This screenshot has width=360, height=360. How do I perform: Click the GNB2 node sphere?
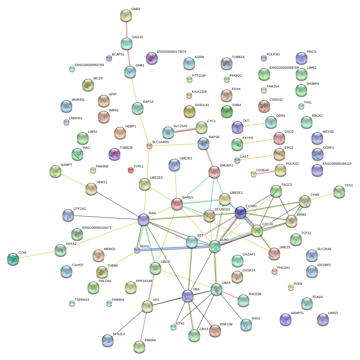point(126,15)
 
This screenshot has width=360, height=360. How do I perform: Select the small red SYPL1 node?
point(130,170)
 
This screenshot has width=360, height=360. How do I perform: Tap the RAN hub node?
point(144,220)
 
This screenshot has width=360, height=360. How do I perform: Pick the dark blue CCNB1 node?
point(240,212)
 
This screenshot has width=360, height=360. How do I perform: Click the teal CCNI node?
point(13,259)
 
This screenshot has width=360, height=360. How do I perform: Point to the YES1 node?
point(339,192)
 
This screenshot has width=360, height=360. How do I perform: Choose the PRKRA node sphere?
point(139,346)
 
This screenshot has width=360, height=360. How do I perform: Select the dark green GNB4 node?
point(227,111)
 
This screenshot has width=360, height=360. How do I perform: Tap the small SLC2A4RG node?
point(149,146)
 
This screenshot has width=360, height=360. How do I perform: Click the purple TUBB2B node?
point(114,154)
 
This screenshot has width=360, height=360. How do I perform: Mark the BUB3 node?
point(215,247)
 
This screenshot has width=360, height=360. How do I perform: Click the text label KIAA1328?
point(199,92)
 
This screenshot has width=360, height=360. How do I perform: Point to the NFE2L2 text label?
point(119,334)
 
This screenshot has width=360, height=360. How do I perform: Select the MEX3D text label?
point(328,132)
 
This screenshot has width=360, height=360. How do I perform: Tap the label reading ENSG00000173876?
point(172,52)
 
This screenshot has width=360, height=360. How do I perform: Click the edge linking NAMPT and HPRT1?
point(73,180)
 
